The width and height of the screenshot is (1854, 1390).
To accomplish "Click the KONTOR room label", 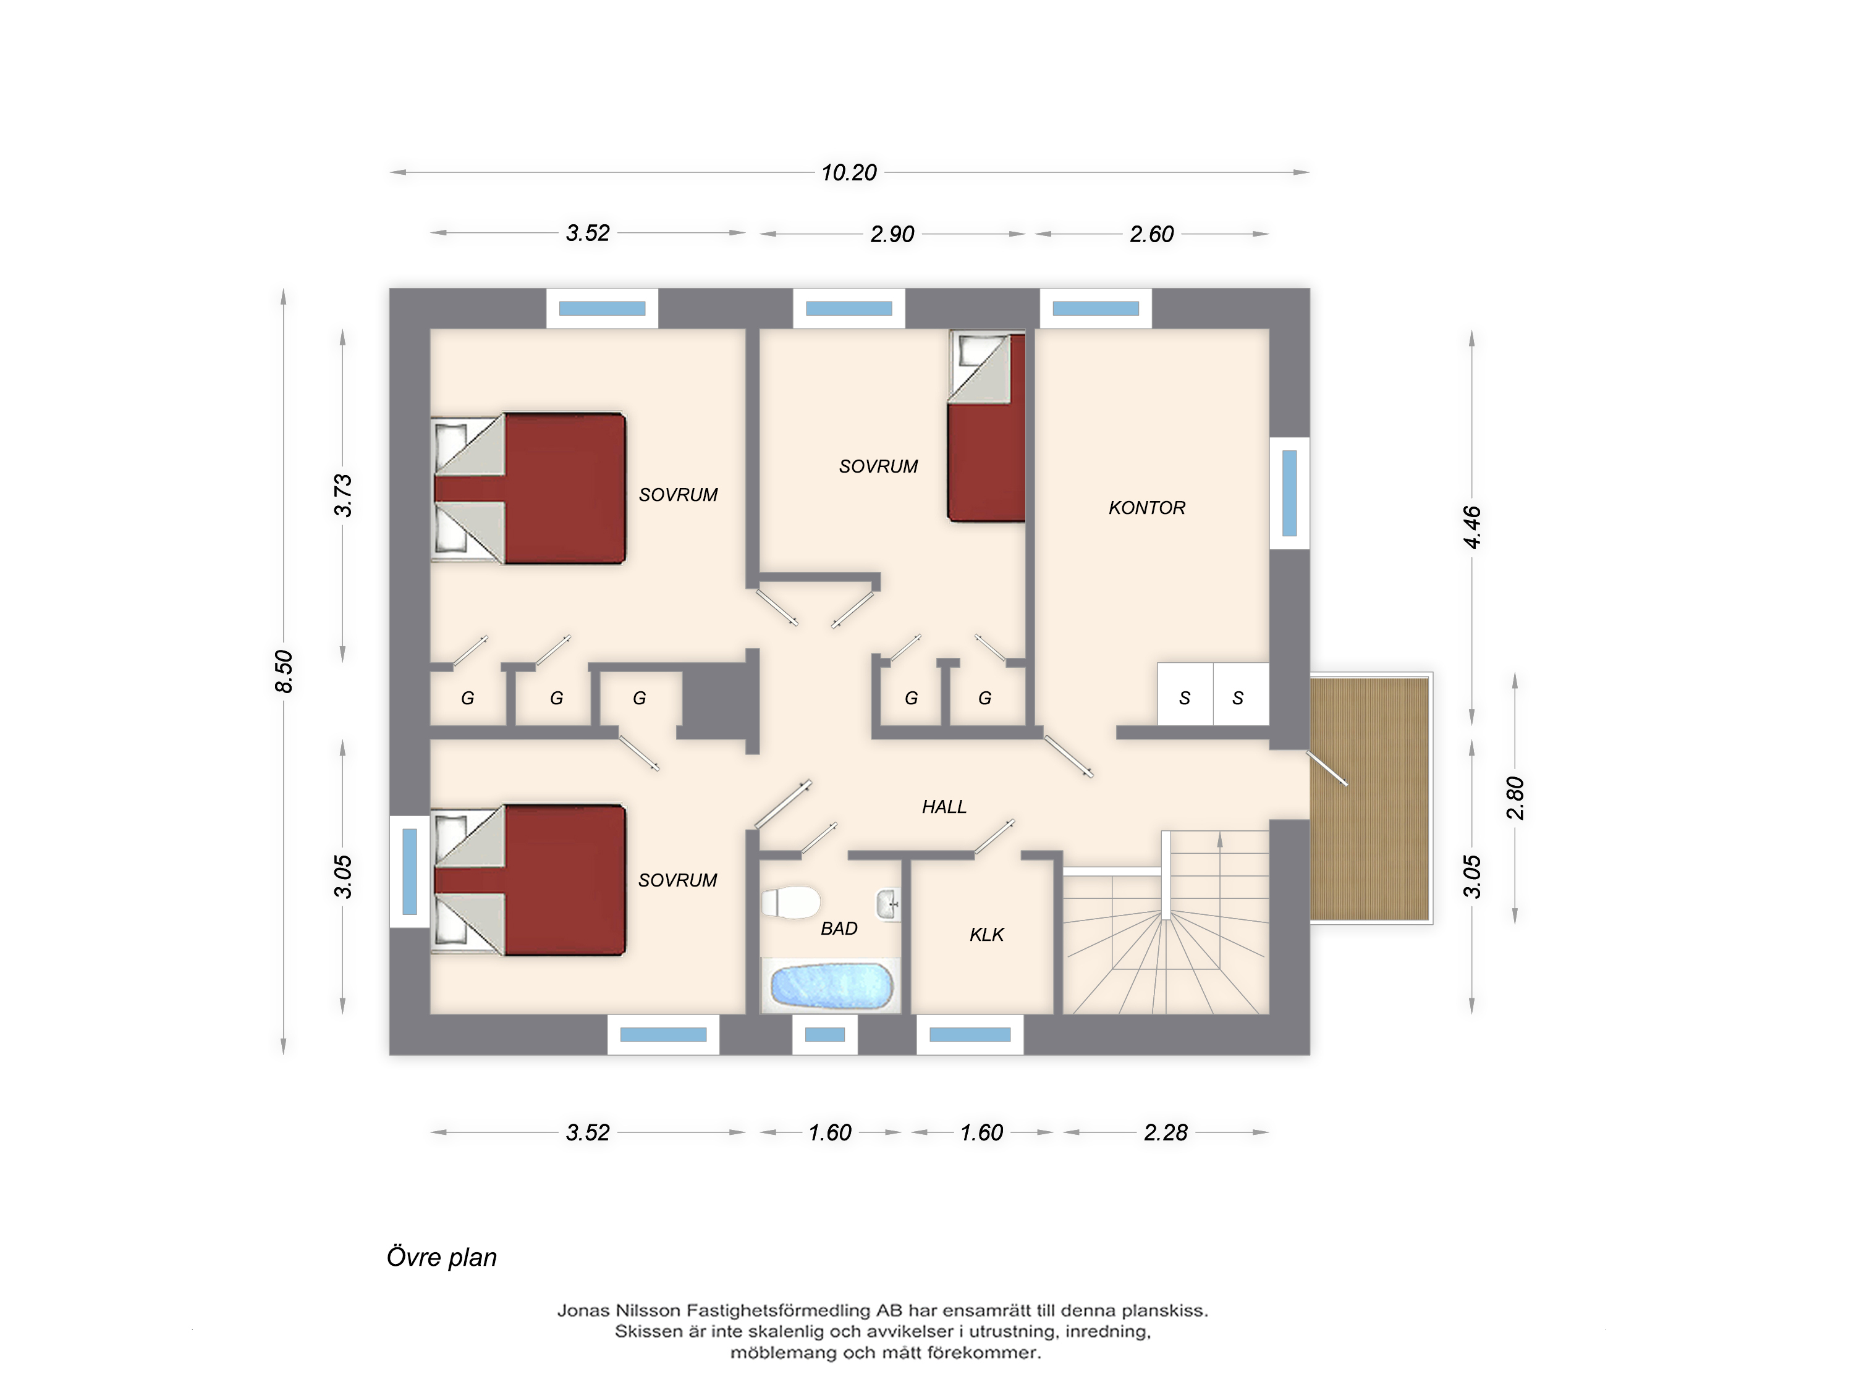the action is pos(1146,508).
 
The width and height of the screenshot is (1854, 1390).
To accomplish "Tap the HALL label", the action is pos(944,807).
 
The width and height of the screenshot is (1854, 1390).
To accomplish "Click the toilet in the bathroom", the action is pos(790,903).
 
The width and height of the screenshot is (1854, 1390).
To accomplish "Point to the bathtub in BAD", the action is pos(831,986).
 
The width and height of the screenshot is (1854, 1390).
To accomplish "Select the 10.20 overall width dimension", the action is pos(849,172).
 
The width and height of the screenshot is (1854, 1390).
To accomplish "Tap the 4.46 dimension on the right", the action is pos(1472,527).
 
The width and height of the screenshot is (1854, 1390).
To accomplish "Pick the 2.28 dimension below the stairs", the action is pos(1166,1133).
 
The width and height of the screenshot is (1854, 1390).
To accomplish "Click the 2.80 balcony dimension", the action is pos(1515,798).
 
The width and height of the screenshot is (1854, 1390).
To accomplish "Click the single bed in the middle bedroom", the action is pos(986,428).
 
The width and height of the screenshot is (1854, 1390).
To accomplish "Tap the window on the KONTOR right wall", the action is pos(1290,494).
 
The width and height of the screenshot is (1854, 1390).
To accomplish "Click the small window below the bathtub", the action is pos(825,1035).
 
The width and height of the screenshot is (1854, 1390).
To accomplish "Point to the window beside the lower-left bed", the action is pos(410,871).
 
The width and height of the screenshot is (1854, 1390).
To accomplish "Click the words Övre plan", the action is pos(442,1258).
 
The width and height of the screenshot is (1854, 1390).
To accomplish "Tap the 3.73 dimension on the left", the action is pos(343,495).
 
